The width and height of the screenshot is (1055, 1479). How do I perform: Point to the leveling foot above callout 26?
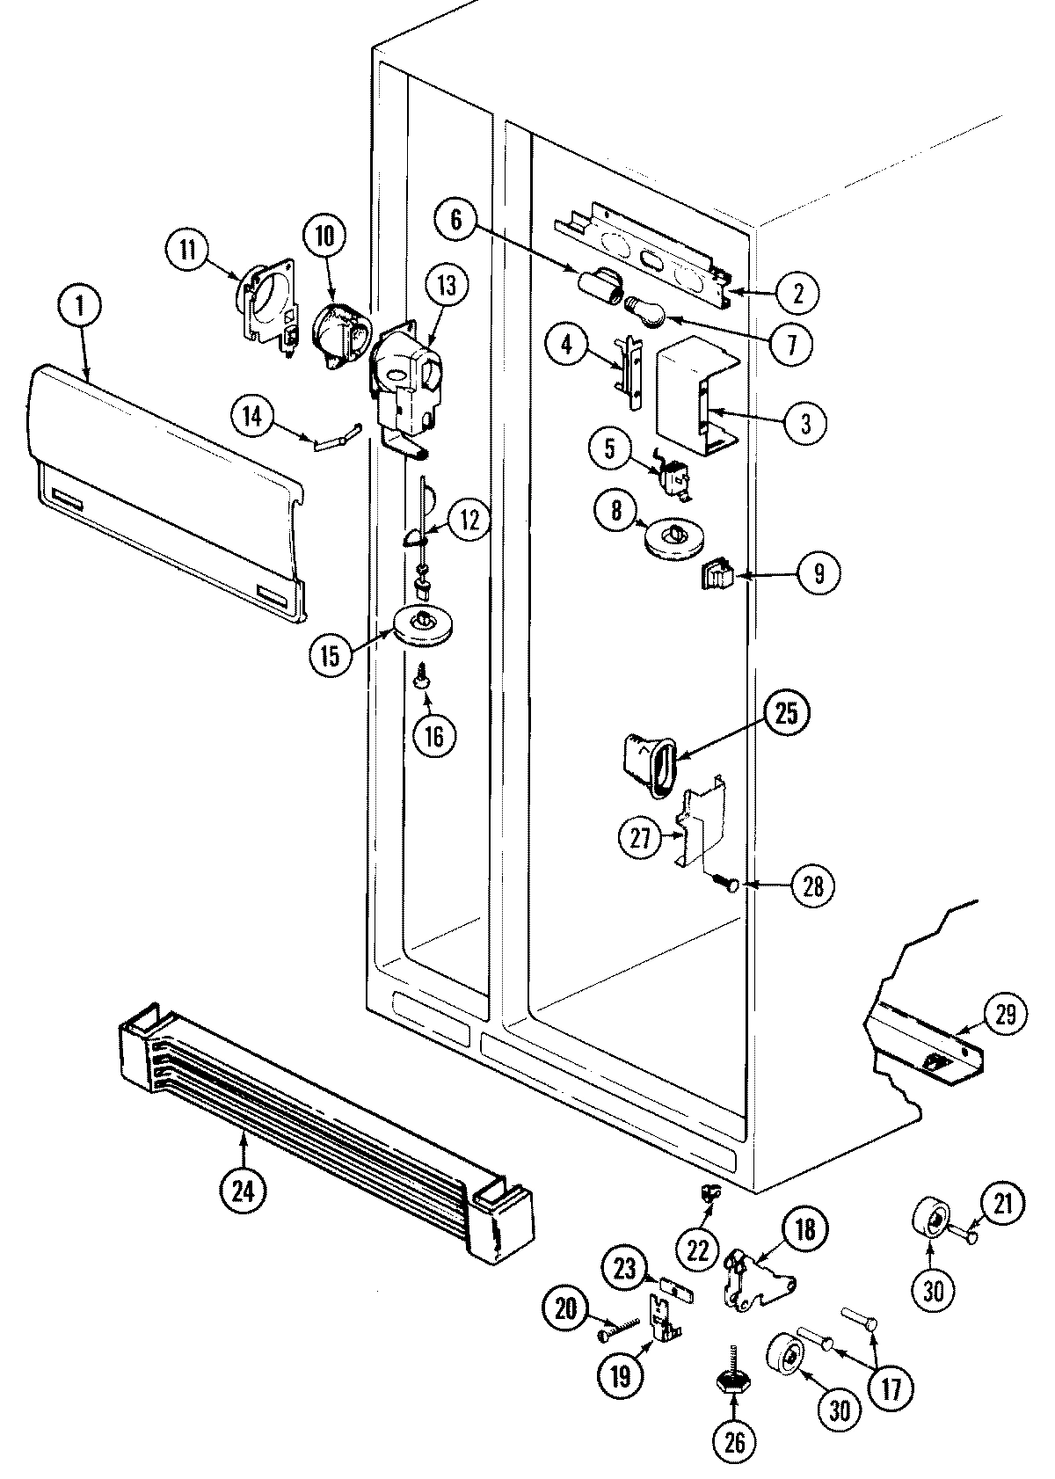pos(732,1373)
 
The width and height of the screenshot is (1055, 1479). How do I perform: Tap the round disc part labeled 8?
pos(675,538)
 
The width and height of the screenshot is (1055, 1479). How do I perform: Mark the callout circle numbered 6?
pos(455,219)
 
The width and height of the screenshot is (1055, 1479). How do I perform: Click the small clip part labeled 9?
pos(717,576)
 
